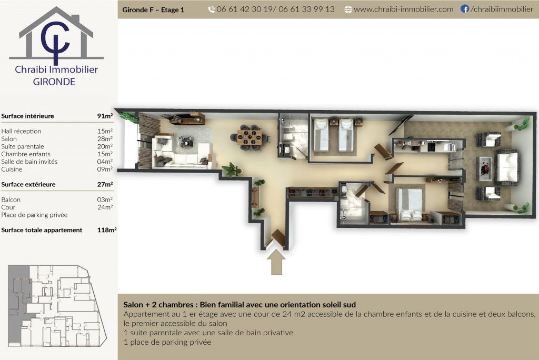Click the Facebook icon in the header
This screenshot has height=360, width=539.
click(464, 9)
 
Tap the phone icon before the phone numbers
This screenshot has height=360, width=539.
click(212, 9)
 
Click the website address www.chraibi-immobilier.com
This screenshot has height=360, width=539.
click(404, 9)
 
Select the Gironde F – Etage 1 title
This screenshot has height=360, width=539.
click(153, 10)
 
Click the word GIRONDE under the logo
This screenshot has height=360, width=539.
click(54, 82)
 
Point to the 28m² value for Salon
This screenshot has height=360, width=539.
click(105, 138)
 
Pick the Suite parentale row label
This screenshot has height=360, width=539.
click(23, 146)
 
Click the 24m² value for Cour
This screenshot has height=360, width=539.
click(105, 207)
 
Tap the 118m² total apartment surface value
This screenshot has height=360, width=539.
click(106, 229)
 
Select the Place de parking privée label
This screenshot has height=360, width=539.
click(34, 215)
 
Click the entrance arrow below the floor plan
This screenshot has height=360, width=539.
click(276, 262)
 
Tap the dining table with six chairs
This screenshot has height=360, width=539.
click(249, 137)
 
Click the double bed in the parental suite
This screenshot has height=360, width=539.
click(410, 204)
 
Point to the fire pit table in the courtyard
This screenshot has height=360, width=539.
click(485, 168)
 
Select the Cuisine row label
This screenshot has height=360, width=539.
click(12, 169)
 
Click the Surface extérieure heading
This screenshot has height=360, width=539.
click(28, 184)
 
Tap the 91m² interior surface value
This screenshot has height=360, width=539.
click(105, 116)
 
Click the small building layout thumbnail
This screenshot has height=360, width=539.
click(57, 306)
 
